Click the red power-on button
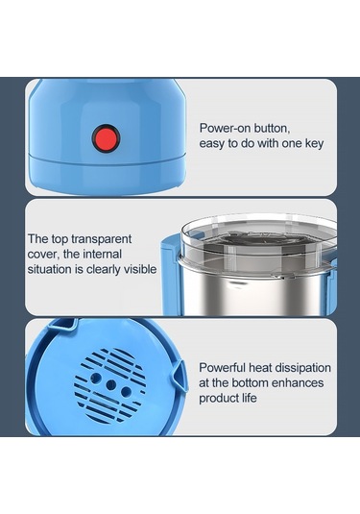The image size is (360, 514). [x=106, y=138]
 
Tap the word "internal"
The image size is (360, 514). [x=102, y=254]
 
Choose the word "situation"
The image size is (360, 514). [x=50, y=269]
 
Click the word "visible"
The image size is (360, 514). [x=140, y=269]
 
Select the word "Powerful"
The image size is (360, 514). [x=223, y=367]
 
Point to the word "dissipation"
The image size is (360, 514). [x=302, y=368]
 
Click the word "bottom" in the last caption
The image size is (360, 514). [x=251, y=383]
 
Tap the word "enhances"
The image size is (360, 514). [x=298, y=383]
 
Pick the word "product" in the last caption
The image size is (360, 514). [x=218, y=399]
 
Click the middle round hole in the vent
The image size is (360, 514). [x=110, y=385]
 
